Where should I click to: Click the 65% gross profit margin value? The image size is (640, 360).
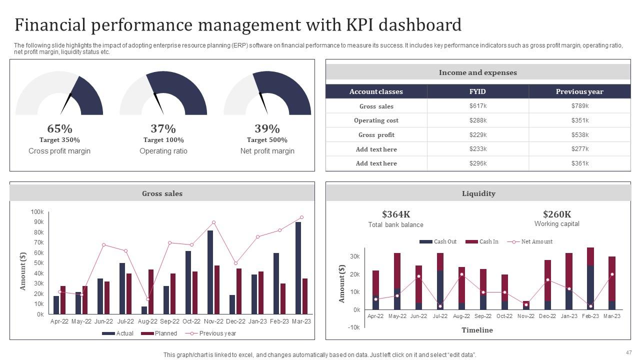pyautogui.click(x=59, y=128)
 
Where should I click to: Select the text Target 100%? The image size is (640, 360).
pyautogui.click(x=163, y=140)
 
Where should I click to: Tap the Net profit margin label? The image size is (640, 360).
pyautogui.click(x=267, y=151)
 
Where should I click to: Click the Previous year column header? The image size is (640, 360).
pyautogui.click(x=579, y=91)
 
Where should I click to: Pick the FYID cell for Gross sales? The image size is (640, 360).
pyautogui.click(x=477, y=106)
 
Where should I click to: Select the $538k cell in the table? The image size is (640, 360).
pyautogui.click(x=579, y=134)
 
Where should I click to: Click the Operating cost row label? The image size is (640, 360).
pyautogui.click(x=376, y=120)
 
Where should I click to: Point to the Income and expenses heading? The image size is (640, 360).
pyautogui.click(x=477, y=72)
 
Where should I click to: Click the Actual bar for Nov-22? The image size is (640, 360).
pyautogui.click(x=210, y=272)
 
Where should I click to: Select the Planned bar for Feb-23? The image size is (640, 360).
pyautogui.click(x=283, y=298)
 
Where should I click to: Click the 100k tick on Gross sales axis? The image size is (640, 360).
pyautogui.click(x=37, y=212)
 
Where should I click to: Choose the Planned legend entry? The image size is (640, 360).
pyautogui.click(x=159, y=333)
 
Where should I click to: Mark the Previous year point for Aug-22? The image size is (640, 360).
pyautogui.click(x=147, y=299)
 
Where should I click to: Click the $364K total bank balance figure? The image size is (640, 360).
pyautogui.click(x=395, y=214)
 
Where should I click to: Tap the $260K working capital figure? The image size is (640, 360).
pyautogui.click(x=556, y=214)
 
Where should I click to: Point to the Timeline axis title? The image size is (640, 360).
pyautogui.click(x=476, y=330)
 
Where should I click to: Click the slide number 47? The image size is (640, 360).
pyautogui.click(x=628, y=352)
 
